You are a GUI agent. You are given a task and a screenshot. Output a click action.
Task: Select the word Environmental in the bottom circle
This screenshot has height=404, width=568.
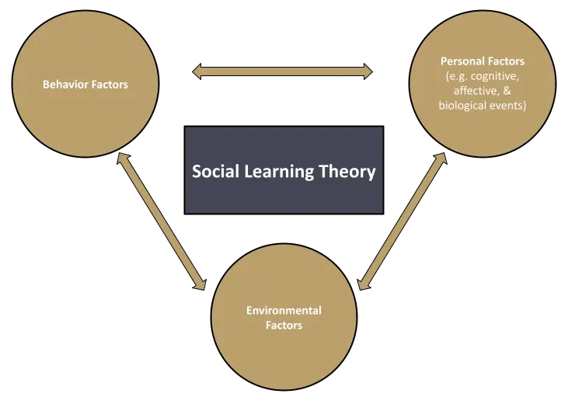[284, 311]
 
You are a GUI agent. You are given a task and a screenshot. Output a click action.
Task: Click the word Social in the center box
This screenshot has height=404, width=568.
[215, 171]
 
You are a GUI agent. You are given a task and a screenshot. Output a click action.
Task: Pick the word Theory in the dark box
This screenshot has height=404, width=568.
[347, 172]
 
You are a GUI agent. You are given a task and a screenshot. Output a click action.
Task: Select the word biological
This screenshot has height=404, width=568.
[465, 106]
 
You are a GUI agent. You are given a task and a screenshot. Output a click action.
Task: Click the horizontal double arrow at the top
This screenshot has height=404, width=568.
[283, 72]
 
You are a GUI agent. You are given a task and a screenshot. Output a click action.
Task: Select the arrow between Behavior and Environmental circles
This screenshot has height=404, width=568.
[161, 221]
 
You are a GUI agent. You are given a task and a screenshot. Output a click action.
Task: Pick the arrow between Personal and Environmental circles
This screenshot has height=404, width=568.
[403, 221]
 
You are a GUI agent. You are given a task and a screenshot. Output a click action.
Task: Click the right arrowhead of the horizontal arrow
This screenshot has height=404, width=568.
[367, 72]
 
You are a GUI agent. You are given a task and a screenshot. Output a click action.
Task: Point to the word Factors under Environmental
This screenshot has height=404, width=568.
[283, 326]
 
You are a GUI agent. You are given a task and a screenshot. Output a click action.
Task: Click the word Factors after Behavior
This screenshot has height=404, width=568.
[109, 84]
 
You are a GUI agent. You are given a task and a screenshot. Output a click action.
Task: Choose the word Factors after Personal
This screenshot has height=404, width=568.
[505, 61]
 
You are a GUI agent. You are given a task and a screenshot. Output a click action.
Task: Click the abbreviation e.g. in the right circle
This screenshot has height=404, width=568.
[456, 76]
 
